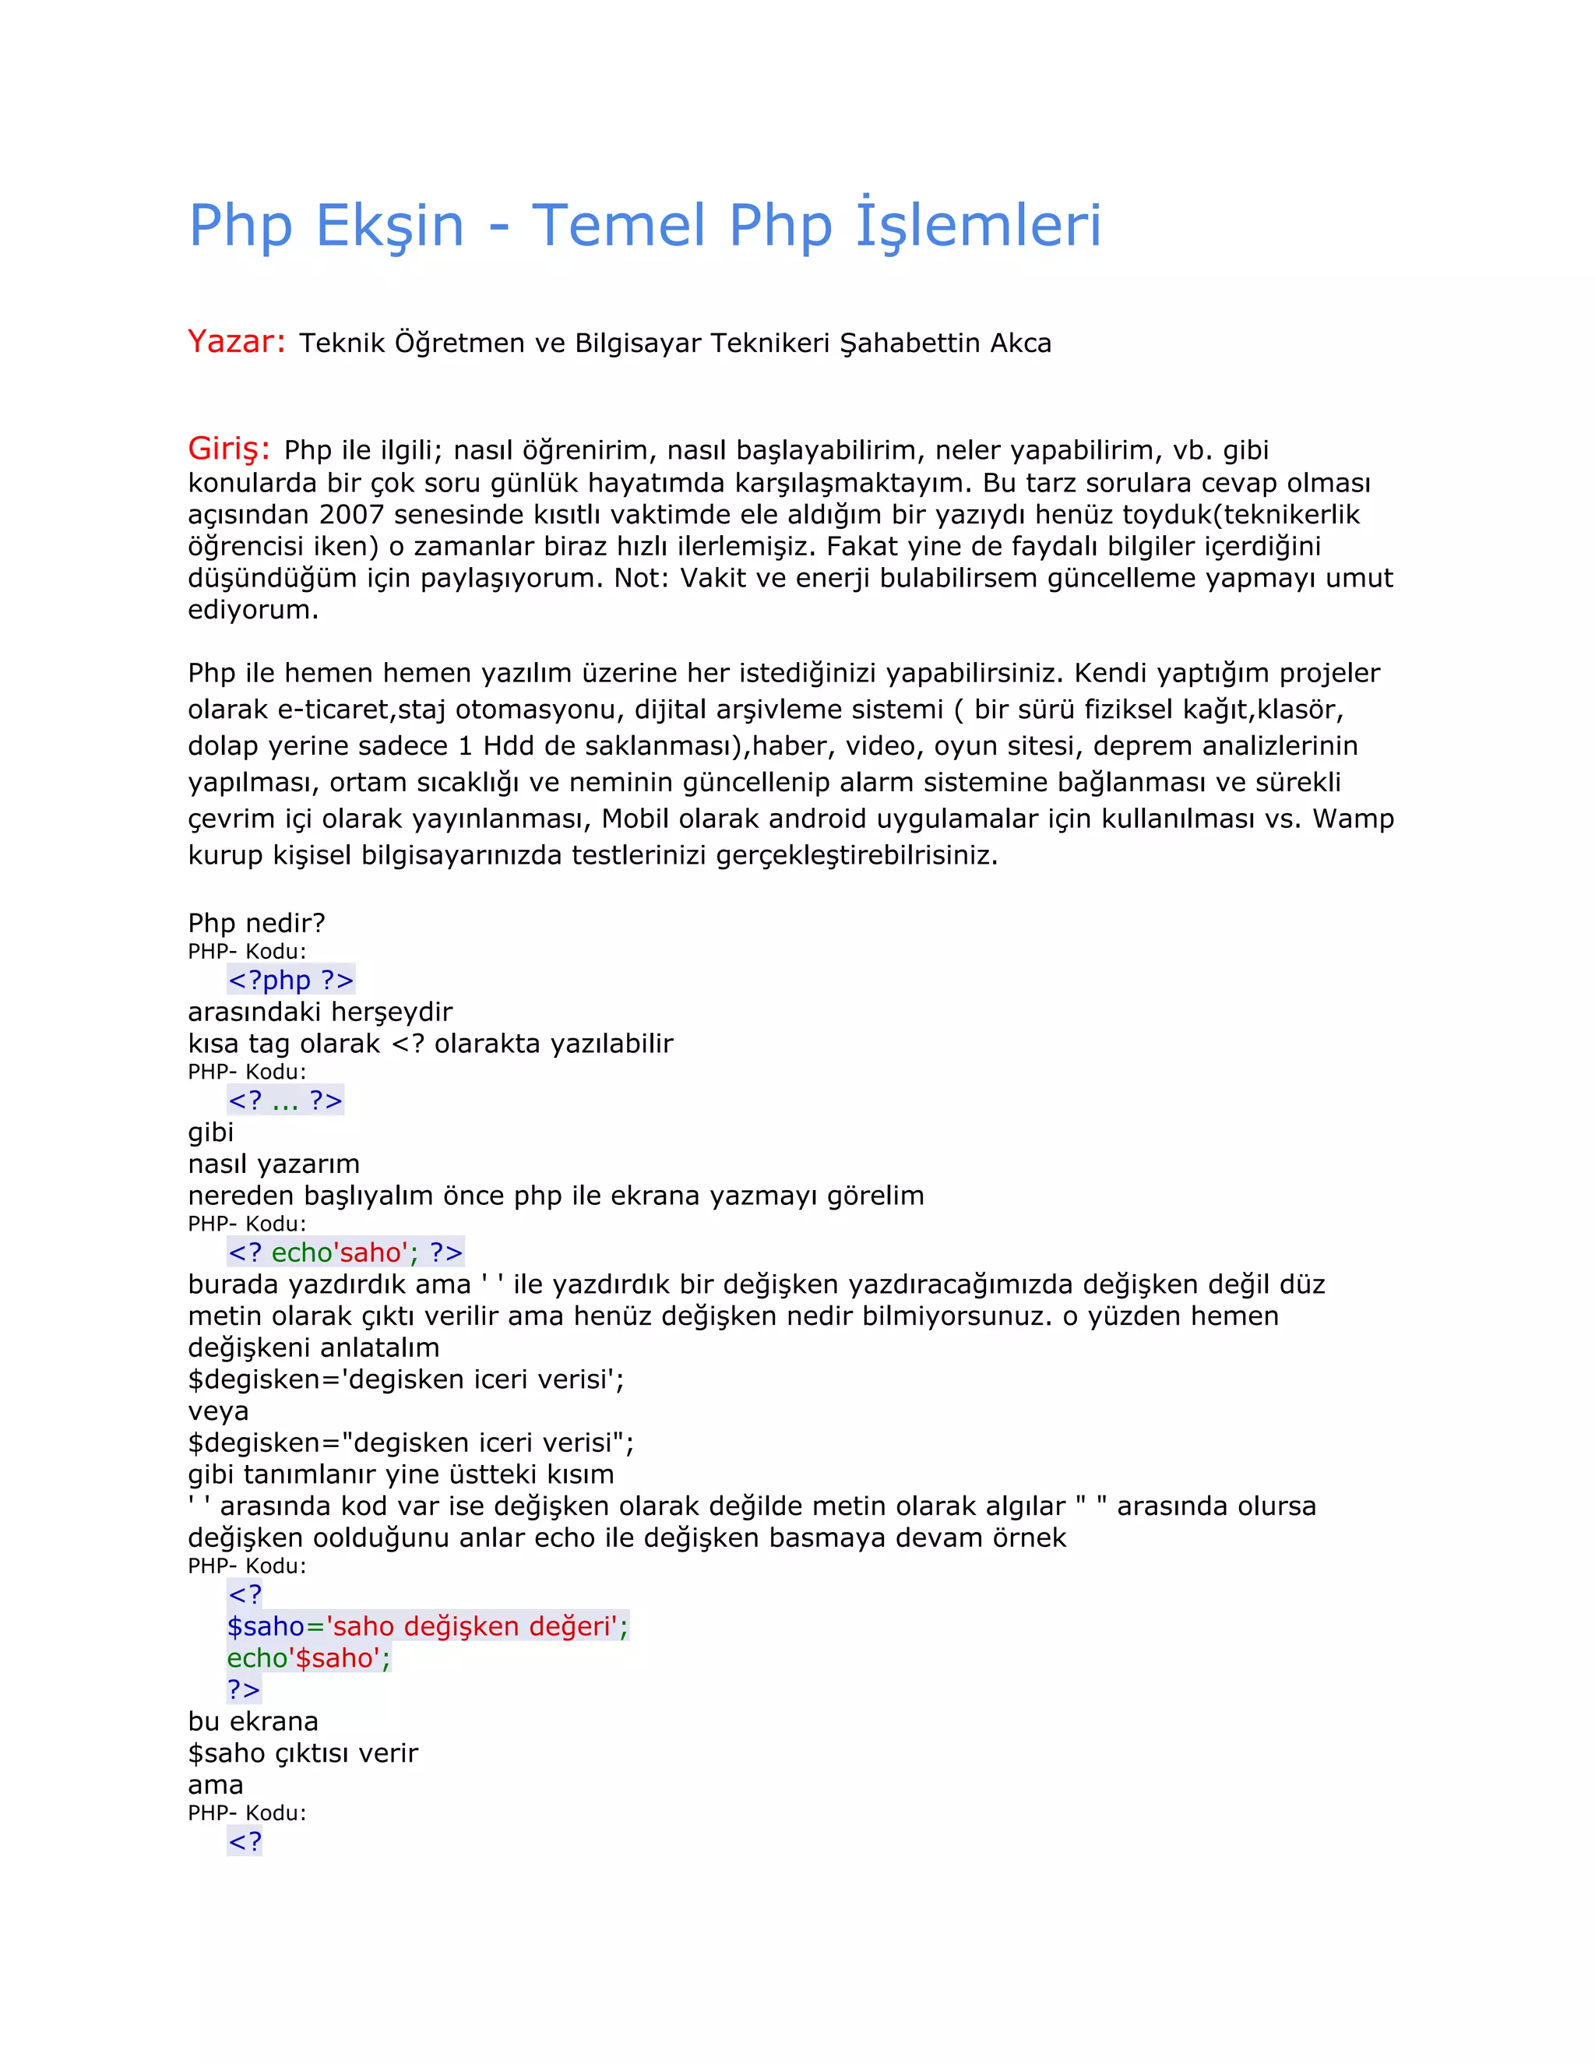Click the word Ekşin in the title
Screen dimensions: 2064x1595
(x=389, y=226)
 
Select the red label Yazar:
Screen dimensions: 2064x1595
(x=236, y=341)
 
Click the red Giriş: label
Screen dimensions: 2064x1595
(x=229, y=448)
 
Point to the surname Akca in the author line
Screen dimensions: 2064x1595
(x=1020, y=343)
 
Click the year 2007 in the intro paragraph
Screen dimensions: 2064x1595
(x=351, y=514)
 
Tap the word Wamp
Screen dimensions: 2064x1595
(x=1353, y=819)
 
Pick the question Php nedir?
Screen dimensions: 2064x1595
(x=256, y=922)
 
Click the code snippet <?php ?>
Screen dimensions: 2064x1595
(x=291, y=980)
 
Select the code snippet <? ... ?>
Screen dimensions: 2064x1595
(x=285, y=1100)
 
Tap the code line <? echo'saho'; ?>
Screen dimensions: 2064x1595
(x=345, y=1252)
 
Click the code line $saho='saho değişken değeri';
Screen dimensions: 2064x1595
(x=427, y=1626)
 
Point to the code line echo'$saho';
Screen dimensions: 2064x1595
(x=308, y=1657)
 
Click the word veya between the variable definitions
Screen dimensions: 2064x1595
(x=218, y=1411)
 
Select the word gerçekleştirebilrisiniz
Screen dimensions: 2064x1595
(x=856, y=855)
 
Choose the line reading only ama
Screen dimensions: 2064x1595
(x=216, y=1784)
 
